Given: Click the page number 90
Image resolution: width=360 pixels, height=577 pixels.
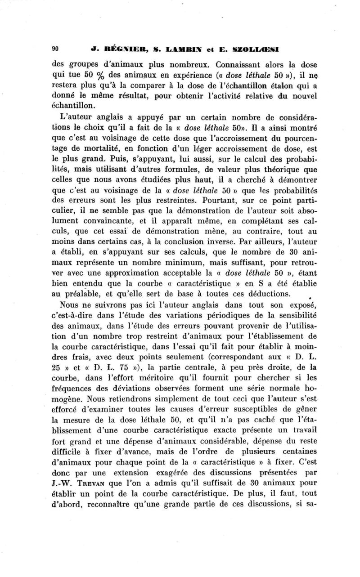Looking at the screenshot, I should tap(56, 50).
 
